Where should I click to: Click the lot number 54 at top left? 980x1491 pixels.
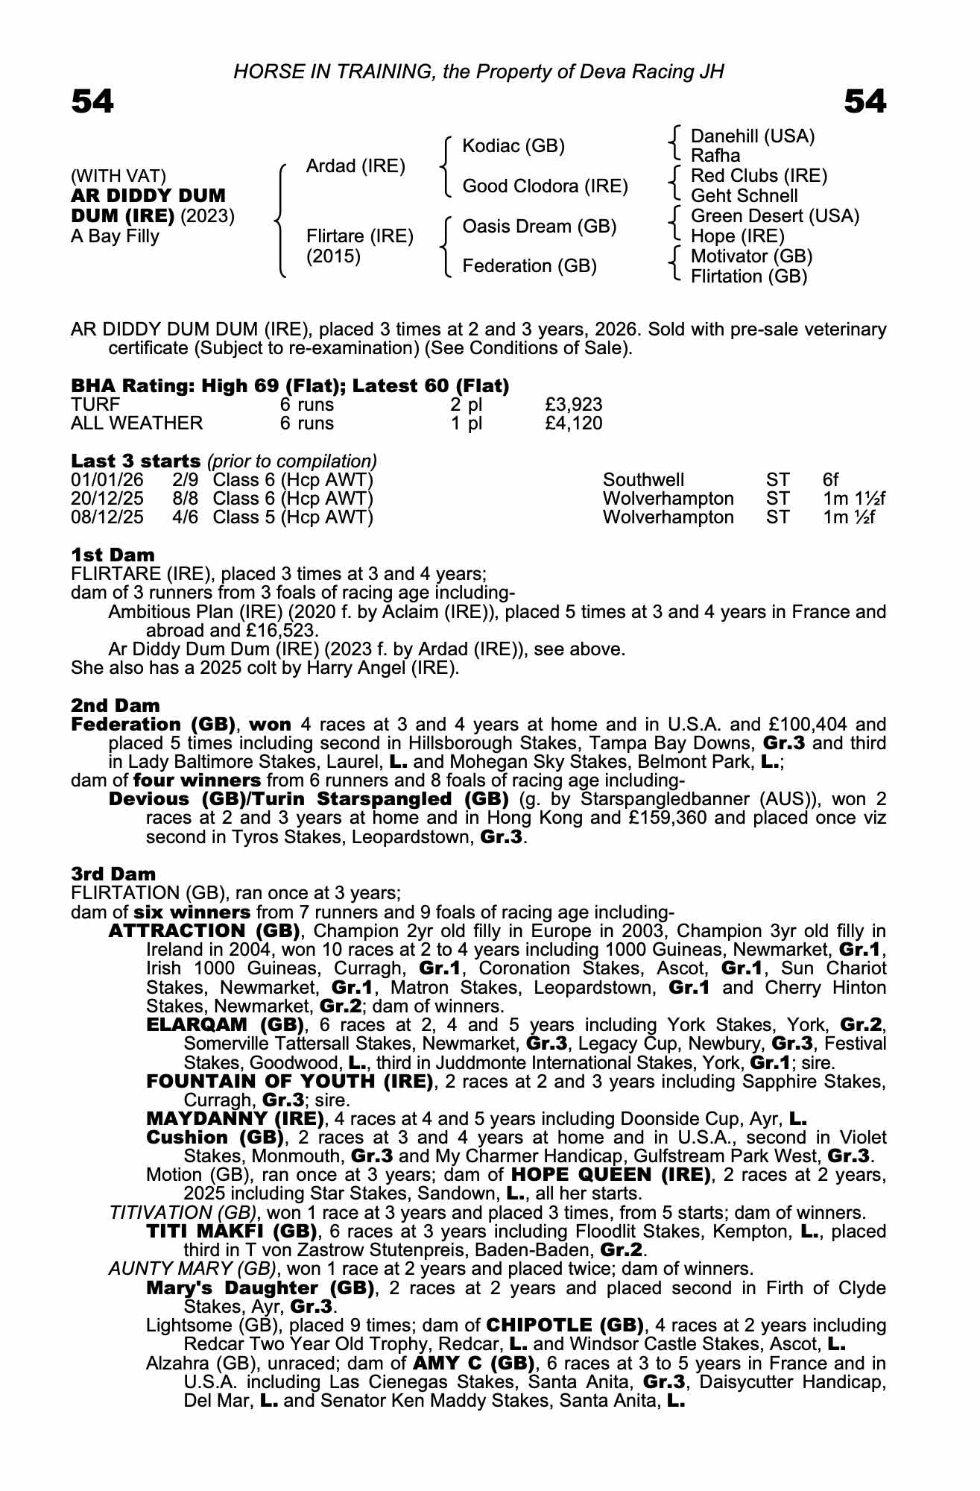[x=92, y=101]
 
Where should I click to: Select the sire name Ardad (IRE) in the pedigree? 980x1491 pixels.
[x=355, y=166]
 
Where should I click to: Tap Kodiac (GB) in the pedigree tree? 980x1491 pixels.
[x=513, y=145]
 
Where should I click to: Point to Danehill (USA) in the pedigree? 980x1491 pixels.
[x=753, y=136]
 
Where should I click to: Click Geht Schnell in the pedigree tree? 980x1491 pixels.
[x=744, y=196]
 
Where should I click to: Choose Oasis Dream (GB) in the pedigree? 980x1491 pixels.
[x=539, y=226]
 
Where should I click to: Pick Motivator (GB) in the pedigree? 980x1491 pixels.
[x=751, y=256]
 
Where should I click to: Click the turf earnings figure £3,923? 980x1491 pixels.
[x=573, y=405]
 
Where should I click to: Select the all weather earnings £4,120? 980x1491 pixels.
[x=573, y=423]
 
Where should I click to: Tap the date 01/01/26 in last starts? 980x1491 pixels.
[x=107, y=479]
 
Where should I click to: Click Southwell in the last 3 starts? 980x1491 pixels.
[x=643, y=479]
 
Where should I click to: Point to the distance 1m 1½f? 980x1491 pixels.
[x=854, y=498]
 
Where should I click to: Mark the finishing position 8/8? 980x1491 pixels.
[x=185, y=498]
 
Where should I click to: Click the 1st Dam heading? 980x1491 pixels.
[x=113, y=555]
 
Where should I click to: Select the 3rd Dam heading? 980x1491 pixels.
[x=113, y=874]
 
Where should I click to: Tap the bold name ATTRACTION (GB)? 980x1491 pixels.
[x=203, y=931]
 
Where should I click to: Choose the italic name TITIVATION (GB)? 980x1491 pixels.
[x=183, y=1213]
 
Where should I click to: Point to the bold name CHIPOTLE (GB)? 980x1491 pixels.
[x=565, y=1325]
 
